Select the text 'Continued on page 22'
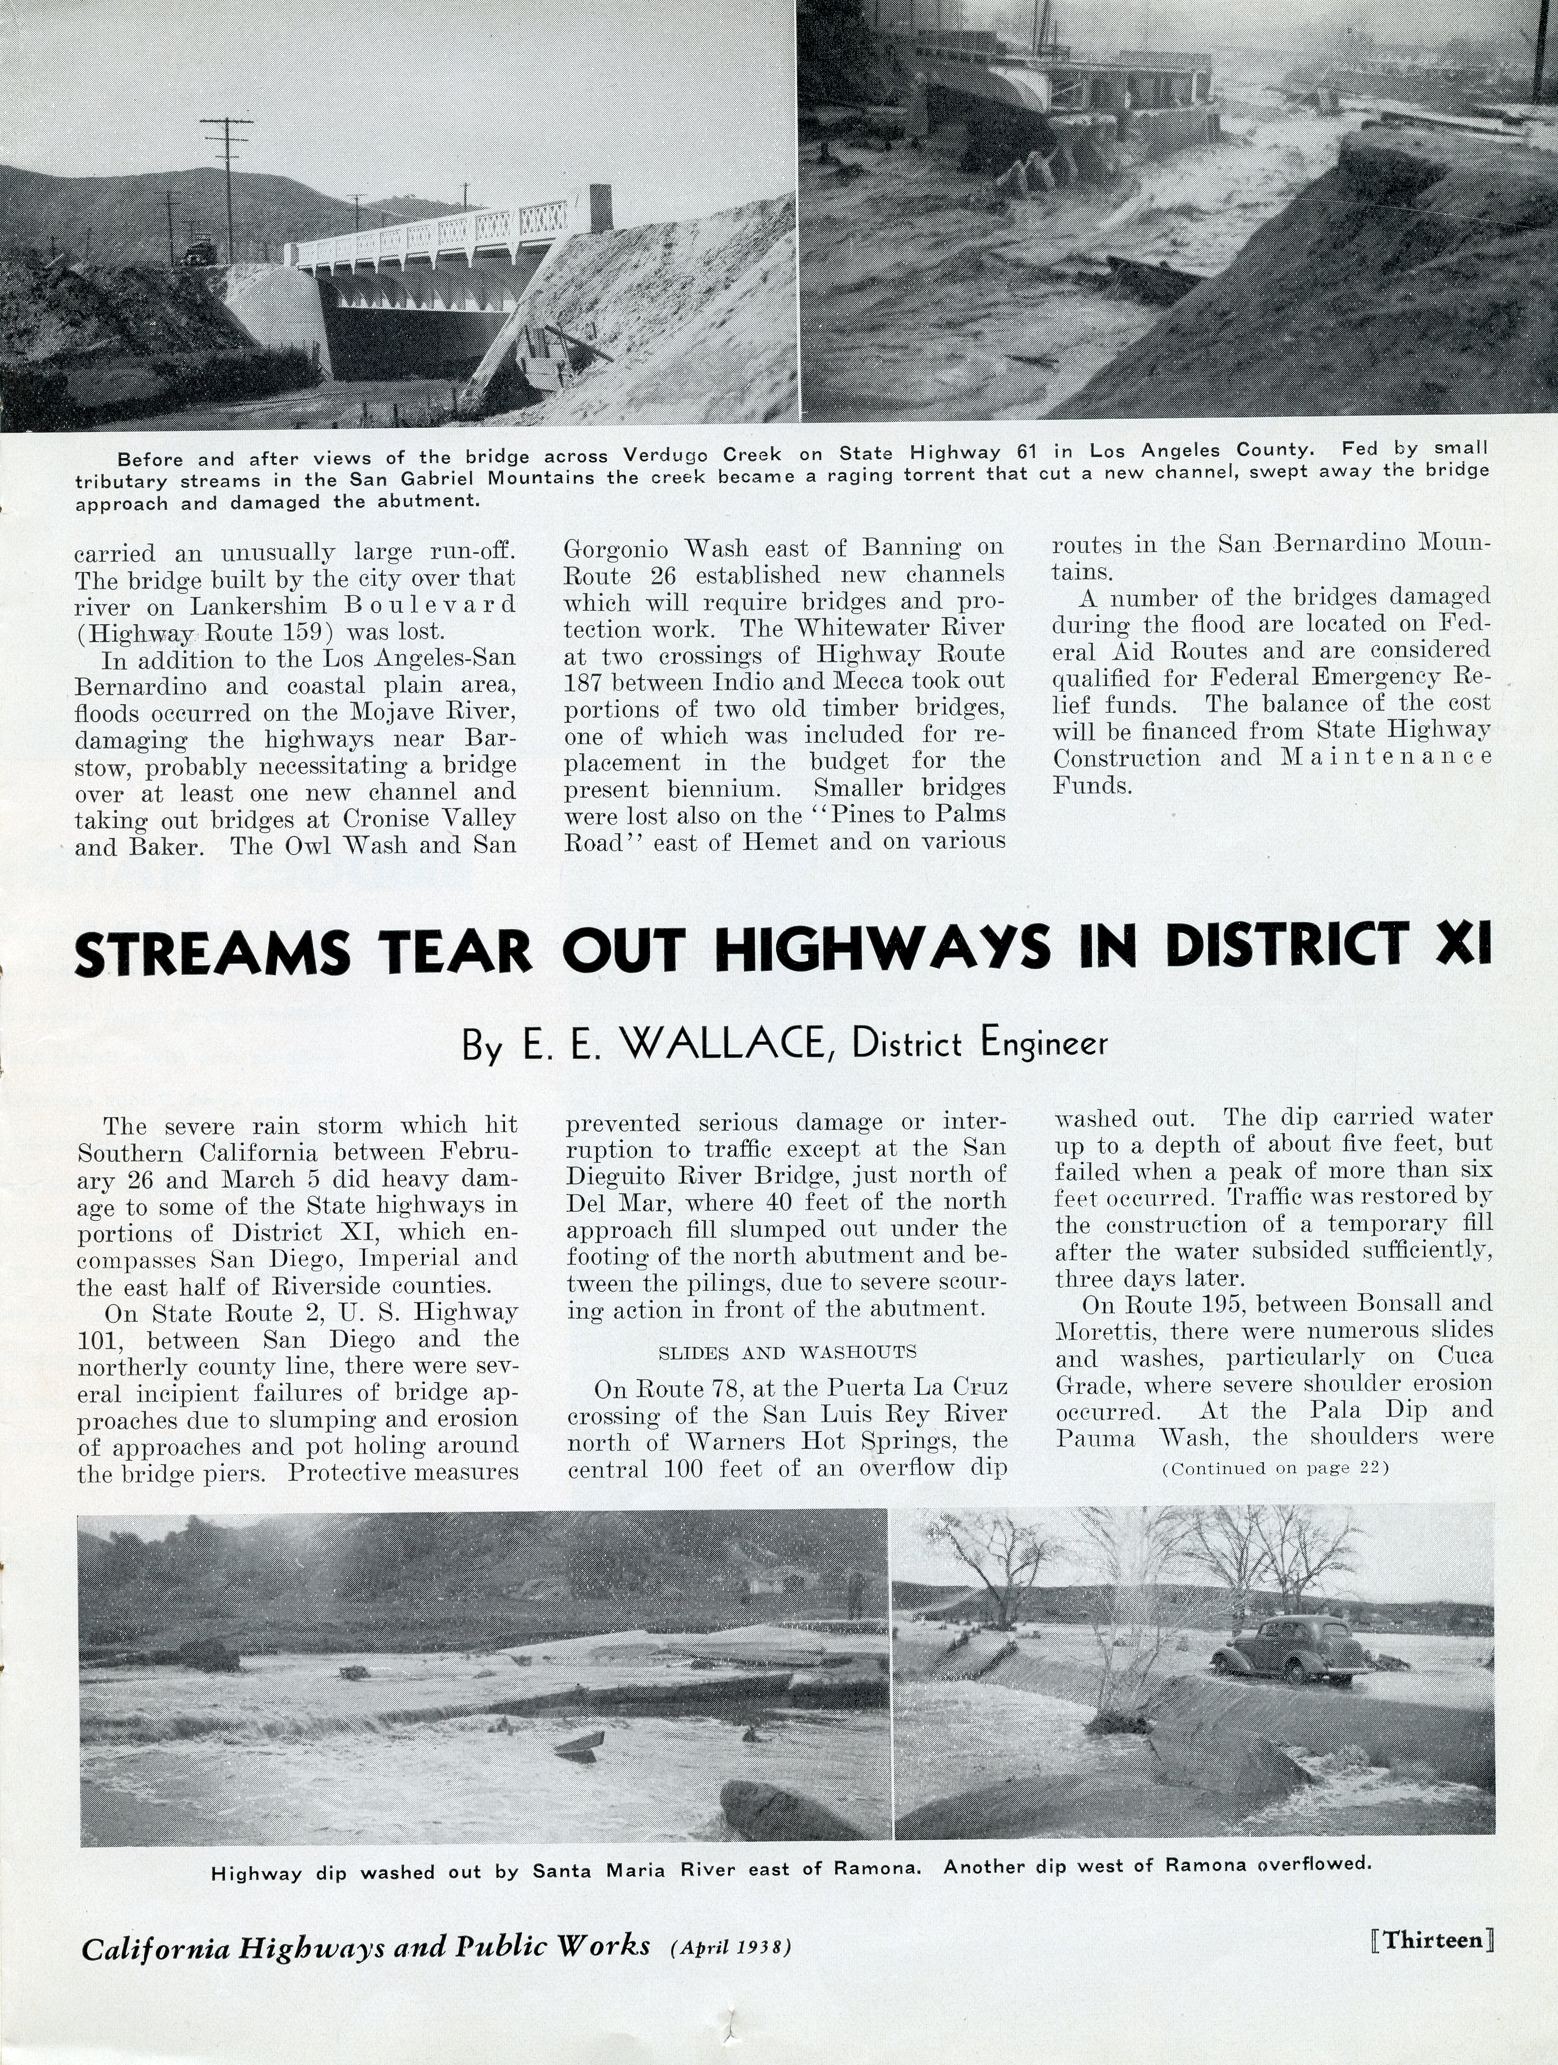[x=1274, y=1468]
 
